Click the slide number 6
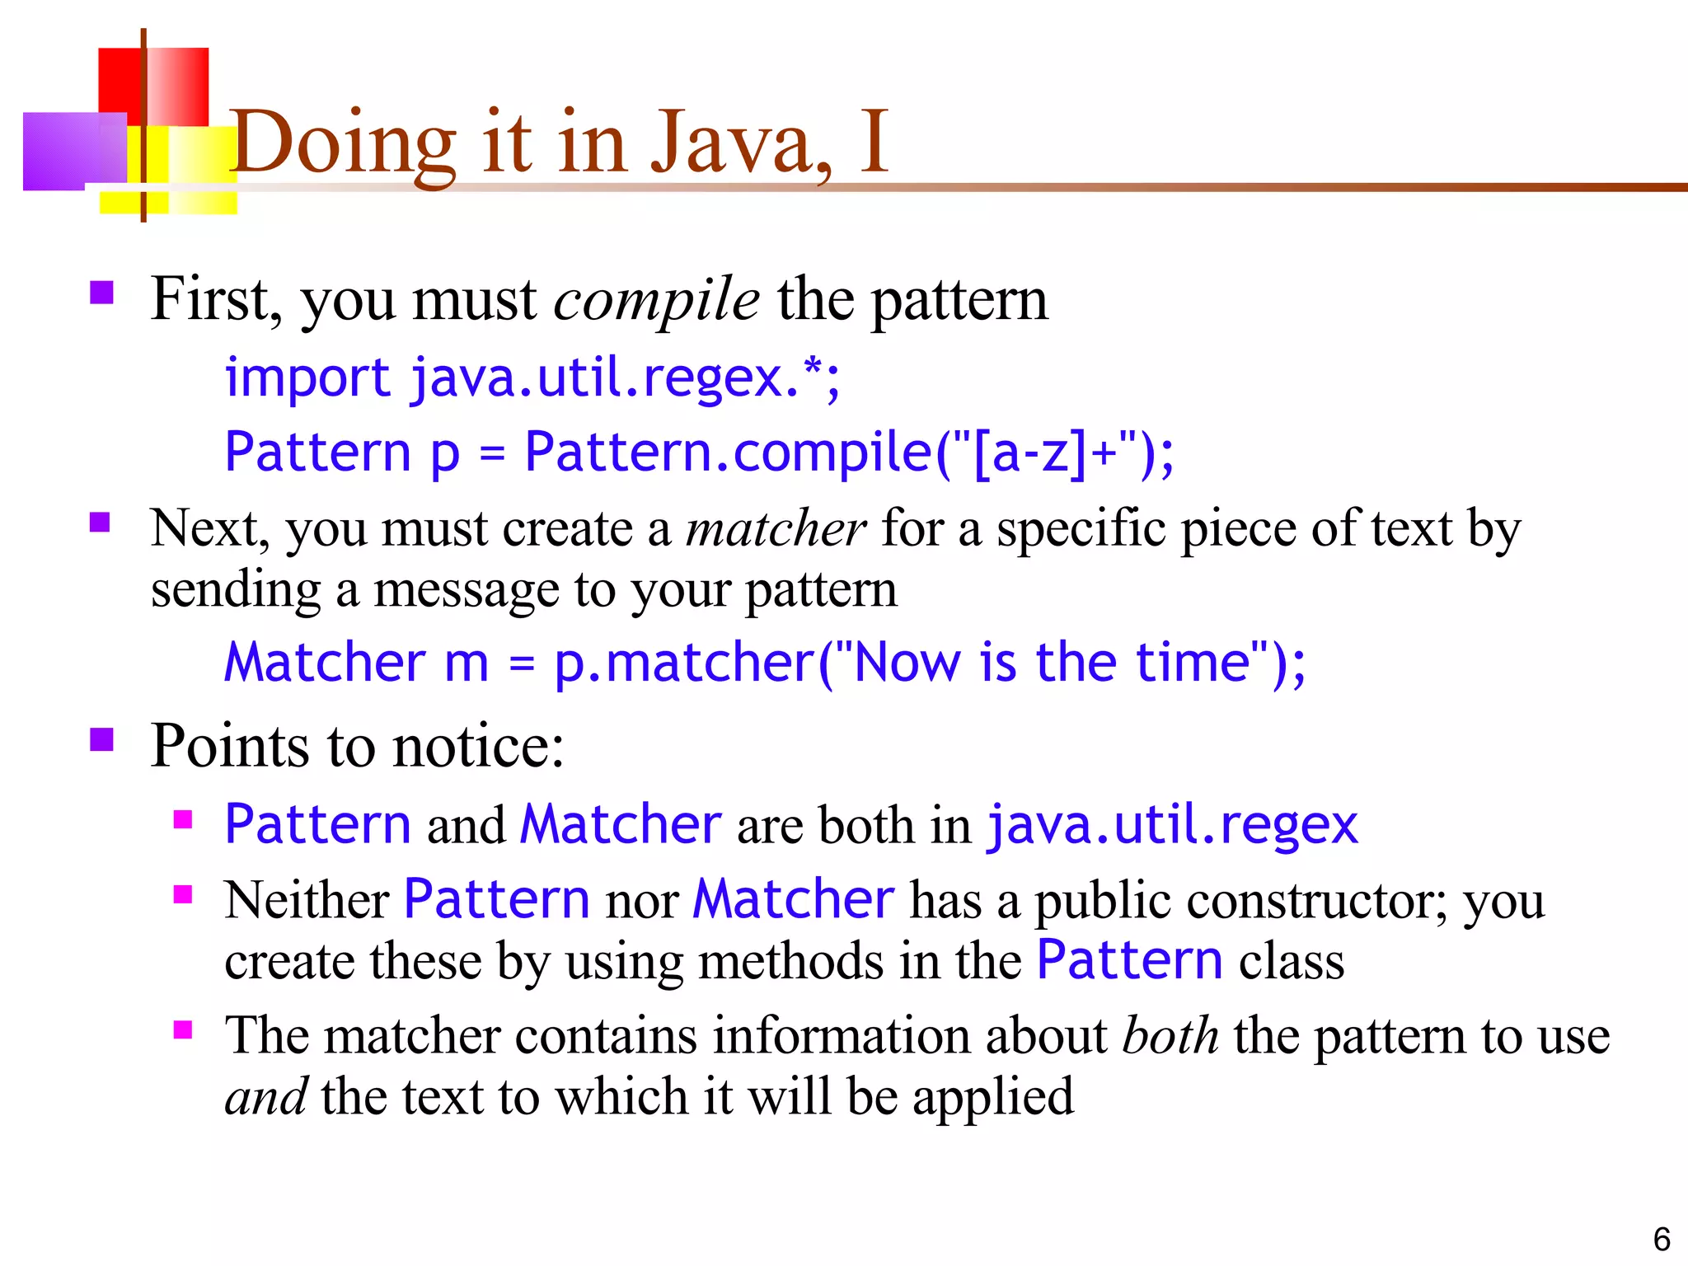(1662, 1240)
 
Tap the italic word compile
(656, 300)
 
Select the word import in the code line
(307, 378)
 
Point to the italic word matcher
(776, 529)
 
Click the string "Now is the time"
(1052, 663)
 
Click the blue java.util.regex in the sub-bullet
(1171, 824)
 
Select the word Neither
(307, 899)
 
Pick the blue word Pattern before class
(1129, 961)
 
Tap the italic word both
(1170, 1036)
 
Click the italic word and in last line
(265, 1098)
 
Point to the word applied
(992, 1098)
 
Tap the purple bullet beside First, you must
(101, 293)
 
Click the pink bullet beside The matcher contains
(183, 1029)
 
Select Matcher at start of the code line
(325, 663)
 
